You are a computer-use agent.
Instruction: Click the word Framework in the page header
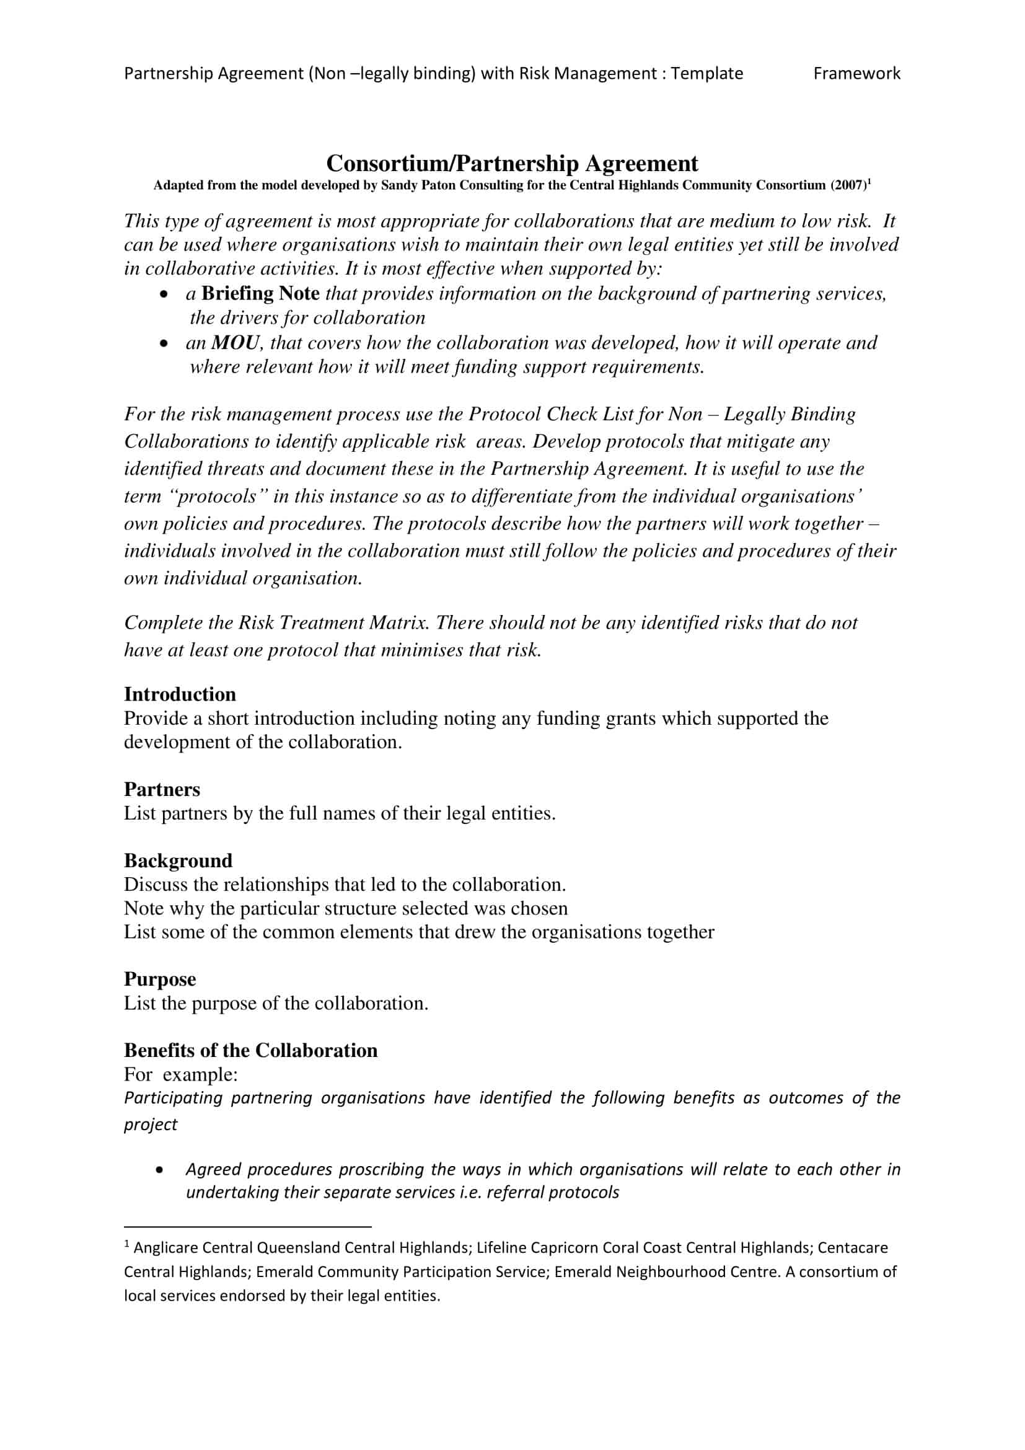click(x=856, y=74)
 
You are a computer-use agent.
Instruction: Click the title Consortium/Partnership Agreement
click(x=512, y=164)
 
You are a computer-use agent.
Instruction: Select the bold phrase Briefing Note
click(x=260, y=294)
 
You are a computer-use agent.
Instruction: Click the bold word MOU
click(x=235, y=343)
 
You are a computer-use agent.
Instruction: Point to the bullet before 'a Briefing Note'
click(x=164, y=295)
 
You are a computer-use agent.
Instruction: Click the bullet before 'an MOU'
click(x=164, y=344)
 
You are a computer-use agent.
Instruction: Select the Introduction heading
click(x=180, y=694)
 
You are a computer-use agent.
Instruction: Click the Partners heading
click(x=162, y=789)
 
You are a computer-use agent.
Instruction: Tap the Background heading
click(x=178, y=861)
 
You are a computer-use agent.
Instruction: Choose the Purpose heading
click(x=160, y=979)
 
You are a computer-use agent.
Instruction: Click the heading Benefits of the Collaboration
click(x=250, y=1050)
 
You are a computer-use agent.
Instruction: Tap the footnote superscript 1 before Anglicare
click(x=127, y=1244)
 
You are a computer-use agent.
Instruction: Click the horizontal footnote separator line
click(x=247, y=1224)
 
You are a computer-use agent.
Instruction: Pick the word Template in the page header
click(x=706, y=74)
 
